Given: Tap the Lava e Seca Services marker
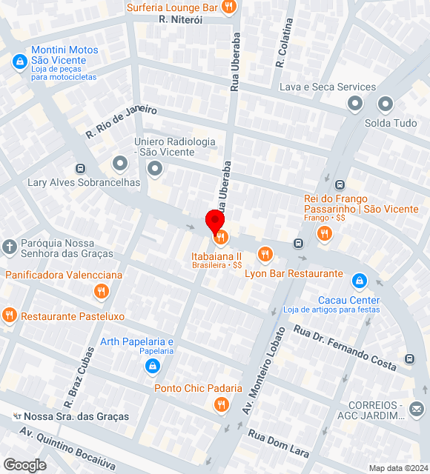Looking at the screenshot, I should point(355,104).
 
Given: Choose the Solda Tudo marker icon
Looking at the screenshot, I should point(386,104).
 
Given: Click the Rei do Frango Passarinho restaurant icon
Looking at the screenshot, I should point(324,233).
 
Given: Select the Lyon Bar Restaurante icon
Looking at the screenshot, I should point(265,255).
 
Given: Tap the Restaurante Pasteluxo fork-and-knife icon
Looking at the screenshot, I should point(10,316).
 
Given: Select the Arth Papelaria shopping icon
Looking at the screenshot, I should point(152,366).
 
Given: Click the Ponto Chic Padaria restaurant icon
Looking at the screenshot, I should point(220,404).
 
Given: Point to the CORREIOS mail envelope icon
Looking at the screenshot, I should point(416,408).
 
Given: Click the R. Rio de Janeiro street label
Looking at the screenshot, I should point(122,122).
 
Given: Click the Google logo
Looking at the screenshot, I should point(24,464).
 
